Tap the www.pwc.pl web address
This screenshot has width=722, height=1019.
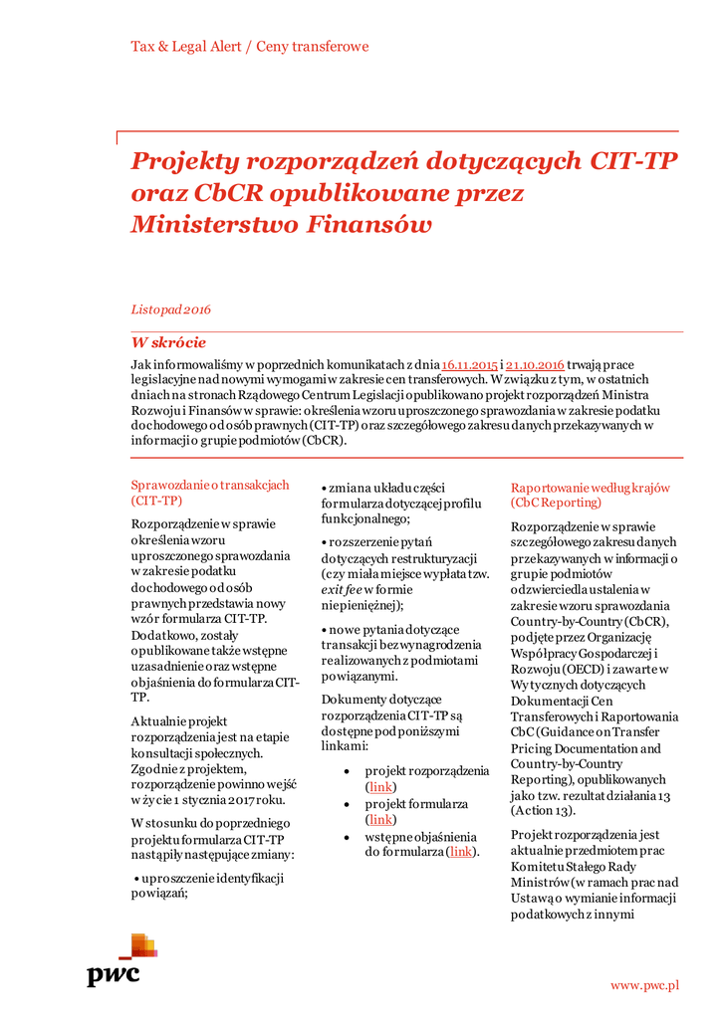[x=644, y=985]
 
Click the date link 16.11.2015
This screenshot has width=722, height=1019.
[x=469, y=365]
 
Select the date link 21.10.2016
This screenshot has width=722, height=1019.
[x=536, y=365]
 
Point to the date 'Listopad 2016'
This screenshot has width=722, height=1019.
[x=170, y=309]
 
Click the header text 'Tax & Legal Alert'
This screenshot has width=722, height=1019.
[x=184, y=47]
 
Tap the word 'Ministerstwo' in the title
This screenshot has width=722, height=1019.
[x=208, y=225]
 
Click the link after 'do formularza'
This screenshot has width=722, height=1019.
[x=460, y=852]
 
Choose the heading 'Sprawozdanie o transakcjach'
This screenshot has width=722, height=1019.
[x=210, y=485]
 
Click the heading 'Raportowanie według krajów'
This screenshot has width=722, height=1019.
[x=591, y=488]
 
